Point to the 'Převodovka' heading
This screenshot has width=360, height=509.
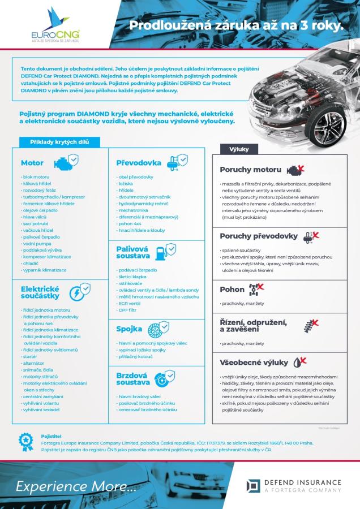pos(139,163)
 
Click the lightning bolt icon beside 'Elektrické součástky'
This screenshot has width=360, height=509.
pos(79,292)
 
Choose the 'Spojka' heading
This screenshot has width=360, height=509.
pos(129,329)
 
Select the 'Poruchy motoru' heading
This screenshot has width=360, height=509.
pos(250,169)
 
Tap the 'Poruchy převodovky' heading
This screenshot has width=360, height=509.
pos(258,236)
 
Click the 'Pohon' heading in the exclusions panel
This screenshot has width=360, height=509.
pos(232,290)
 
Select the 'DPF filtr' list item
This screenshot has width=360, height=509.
pos(127,310)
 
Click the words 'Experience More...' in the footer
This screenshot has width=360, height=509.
pos(76,486)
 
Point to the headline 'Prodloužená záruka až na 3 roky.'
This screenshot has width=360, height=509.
pos(236,25)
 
